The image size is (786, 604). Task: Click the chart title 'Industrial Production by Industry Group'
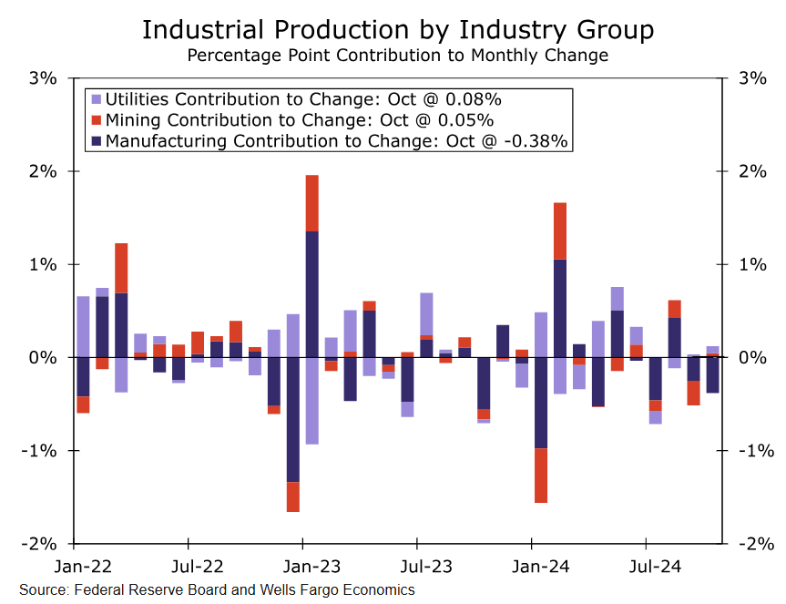pos(398,29)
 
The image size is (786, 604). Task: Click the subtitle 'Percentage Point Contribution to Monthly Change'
pos(397,56)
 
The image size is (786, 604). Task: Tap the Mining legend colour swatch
pos(96,120)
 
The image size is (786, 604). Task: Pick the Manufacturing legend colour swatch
pos(96,141)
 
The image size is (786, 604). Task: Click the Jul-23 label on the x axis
pos(415,567)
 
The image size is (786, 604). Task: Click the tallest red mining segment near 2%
pos(311,202)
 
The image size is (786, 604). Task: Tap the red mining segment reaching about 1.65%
pos(559,230)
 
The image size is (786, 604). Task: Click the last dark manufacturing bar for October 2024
pos(712,374)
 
